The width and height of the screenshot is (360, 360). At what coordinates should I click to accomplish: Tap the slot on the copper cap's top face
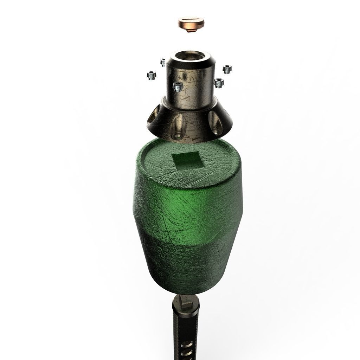coord(191,23)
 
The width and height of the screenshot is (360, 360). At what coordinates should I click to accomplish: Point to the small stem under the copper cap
coord(191,32)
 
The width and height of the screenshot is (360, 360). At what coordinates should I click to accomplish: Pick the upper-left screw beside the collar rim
coord(163,63)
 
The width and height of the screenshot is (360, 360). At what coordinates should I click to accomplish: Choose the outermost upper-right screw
coord(227,69)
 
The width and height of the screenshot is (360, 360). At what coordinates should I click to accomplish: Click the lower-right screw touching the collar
coord(219,83)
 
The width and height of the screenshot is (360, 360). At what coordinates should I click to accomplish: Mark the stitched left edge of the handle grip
coord(175,334)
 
